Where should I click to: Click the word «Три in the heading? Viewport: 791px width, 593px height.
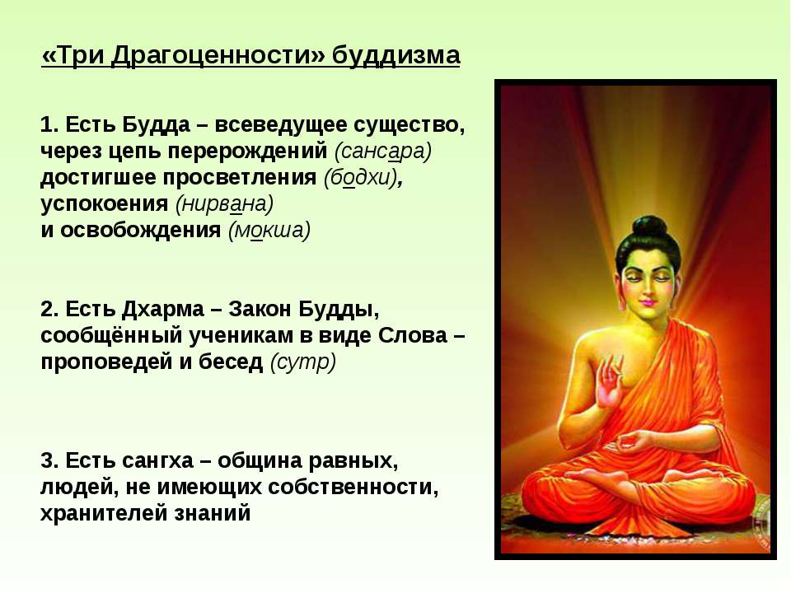coord(73,55)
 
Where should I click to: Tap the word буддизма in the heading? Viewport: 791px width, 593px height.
coord(396,55)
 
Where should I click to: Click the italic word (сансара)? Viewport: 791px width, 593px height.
coord(383,151)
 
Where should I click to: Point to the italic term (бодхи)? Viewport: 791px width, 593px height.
coord(361,177)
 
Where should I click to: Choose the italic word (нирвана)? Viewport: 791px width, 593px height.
coord(224,203)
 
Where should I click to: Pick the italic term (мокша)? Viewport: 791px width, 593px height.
coord(269,230)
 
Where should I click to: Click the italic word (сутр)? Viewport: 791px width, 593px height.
coord(303,362)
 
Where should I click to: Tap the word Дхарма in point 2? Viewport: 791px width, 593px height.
coord(163,309)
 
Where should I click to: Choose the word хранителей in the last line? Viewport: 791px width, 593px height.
coord(104,513)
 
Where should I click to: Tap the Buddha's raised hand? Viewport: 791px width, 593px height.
coord(610,383)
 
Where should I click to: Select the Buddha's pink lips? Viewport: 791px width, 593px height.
coord(648,303)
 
